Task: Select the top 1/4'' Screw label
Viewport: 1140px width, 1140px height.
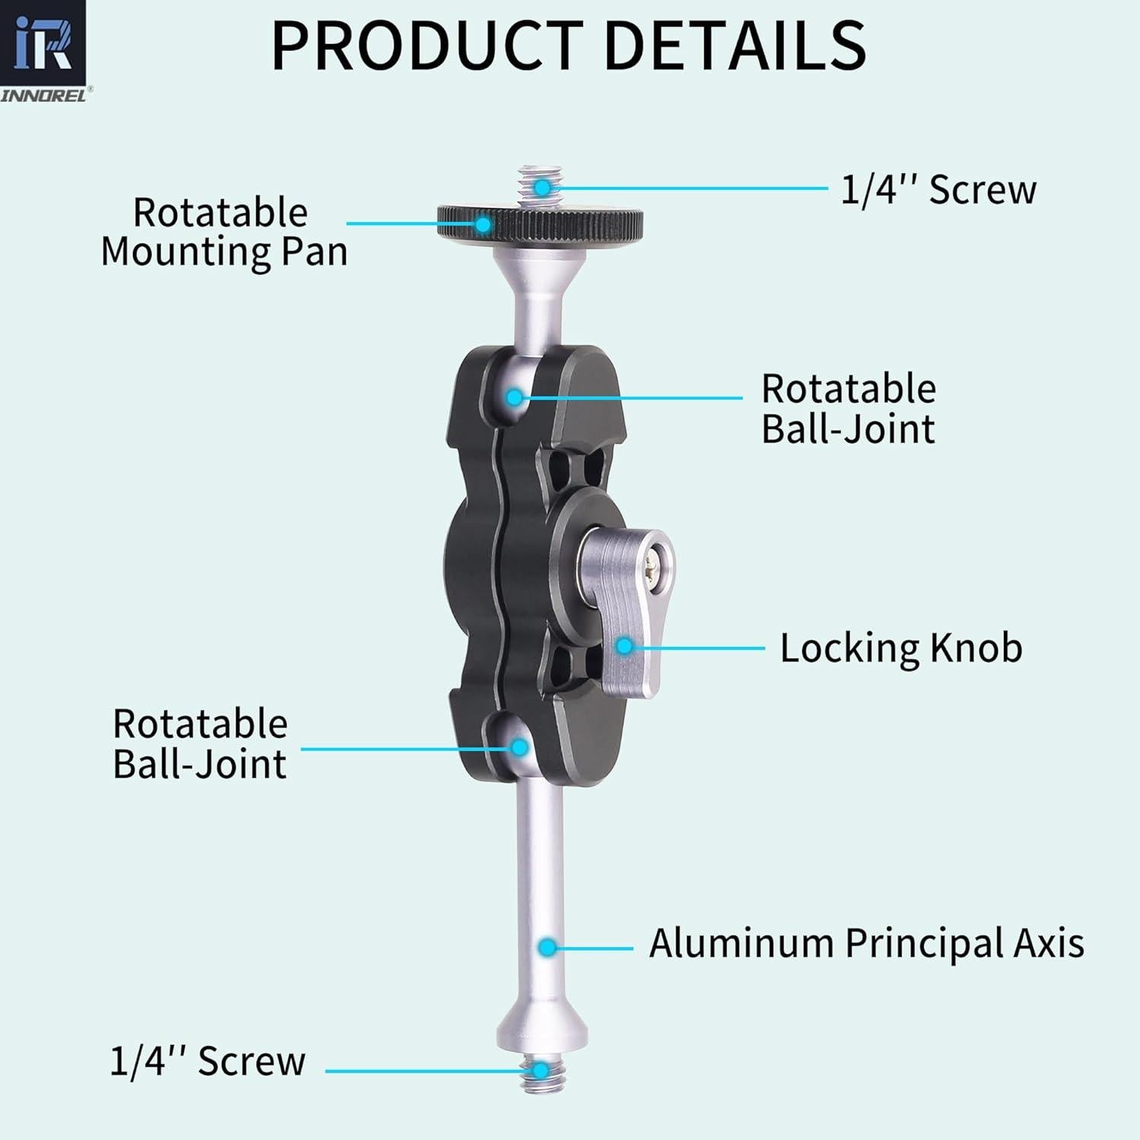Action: point(938,189)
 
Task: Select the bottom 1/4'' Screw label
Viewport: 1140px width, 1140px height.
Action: point(207,1061)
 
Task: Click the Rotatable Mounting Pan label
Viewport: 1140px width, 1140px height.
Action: point(223,232)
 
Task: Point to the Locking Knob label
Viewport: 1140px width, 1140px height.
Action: point(901,648)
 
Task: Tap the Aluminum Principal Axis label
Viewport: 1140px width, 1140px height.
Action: point(866,943)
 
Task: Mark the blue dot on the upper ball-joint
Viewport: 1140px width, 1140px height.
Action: point(515,397)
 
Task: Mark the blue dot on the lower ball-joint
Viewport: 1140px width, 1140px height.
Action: point(520,747)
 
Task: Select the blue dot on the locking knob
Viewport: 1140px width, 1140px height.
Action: point(624,646)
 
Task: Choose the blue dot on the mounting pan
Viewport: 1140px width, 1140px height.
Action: point(483,223)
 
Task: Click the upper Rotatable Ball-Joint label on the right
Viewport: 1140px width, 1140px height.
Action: point(848,409)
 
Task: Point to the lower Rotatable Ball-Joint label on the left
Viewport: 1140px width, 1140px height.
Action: point(200,744)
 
